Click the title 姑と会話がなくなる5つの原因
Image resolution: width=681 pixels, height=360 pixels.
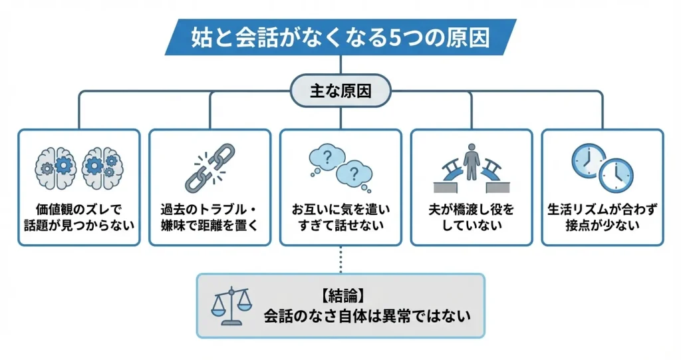pos(340,37)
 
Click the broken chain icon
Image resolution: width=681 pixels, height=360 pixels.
pos(209,167)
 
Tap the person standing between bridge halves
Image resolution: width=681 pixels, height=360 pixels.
pos(472,160)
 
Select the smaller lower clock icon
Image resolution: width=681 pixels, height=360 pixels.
pos(616,175)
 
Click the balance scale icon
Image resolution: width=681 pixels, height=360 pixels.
pos(231,306)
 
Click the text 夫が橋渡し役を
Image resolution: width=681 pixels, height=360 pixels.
pos(472,209)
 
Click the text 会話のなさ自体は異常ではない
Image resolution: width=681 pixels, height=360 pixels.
pos(367,315)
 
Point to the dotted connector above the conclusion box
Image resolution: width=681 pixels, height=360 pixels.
pos(340,260)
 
